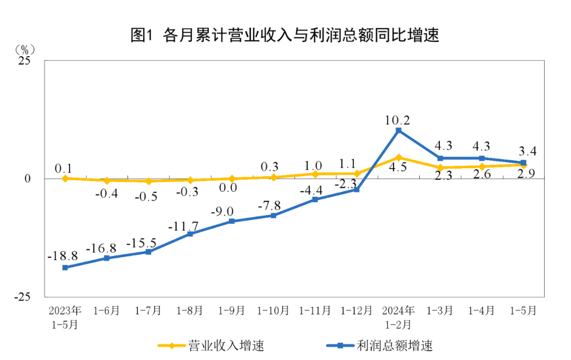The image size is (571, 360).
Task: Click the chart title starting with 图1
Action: (x=285, y=35)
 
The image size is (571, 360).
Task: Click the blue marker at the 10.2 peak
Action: (x=399, y=131)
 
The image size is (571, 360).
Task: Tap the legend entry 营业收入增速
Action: (x=211, y=346)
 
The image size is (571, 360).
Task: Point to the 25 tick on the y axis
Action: (x=24, y=61)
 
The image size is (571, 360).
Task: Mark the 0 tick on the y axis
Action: (x=27, y=179)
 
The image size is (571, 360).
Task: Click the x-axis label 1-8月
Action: (x=190, y=310)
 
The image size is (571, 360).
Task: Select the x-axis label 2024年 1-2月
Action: (x=399, y=317)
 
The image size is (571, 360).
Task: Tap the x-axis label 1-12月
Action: (x=357, y=310)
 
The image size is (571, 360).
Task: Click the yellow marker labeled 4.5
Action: (x=399, y=158)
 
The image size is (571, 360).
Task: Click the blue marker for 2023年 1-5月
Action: (x=65, y=267)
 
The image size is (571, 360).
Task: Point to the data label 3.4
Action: (x=527, y=152)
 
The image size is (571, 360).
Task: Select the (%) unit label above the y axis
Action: (x=24, y=50)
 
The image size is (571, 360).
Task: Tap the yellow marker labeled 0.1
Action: (x=65, y=178)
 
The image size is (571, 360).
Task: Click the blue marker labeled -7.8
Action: (x=273, y=216)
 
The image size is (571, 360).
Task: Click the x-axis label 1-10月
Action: (x=273, y=310)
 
